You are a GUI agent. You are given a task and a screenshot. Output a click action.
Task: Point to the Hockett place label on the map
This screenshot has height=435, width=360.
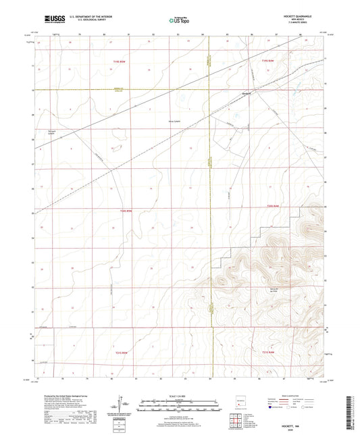pyautogui.click(x=247, y=93)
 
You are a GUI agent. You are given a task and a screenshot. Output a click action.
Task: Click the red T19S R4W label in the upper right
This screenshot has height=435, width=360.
pyautogui.click(x=268, y=61)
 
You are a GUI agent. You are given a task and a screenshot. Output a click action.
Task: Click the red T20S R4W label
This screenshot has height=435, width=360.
pyautogui.click(x=272, y=207)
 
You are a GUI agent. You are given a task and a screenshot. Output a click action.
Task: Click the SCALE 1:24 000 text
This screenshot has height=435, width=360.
pyautogui.click(x=179, y=396)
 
